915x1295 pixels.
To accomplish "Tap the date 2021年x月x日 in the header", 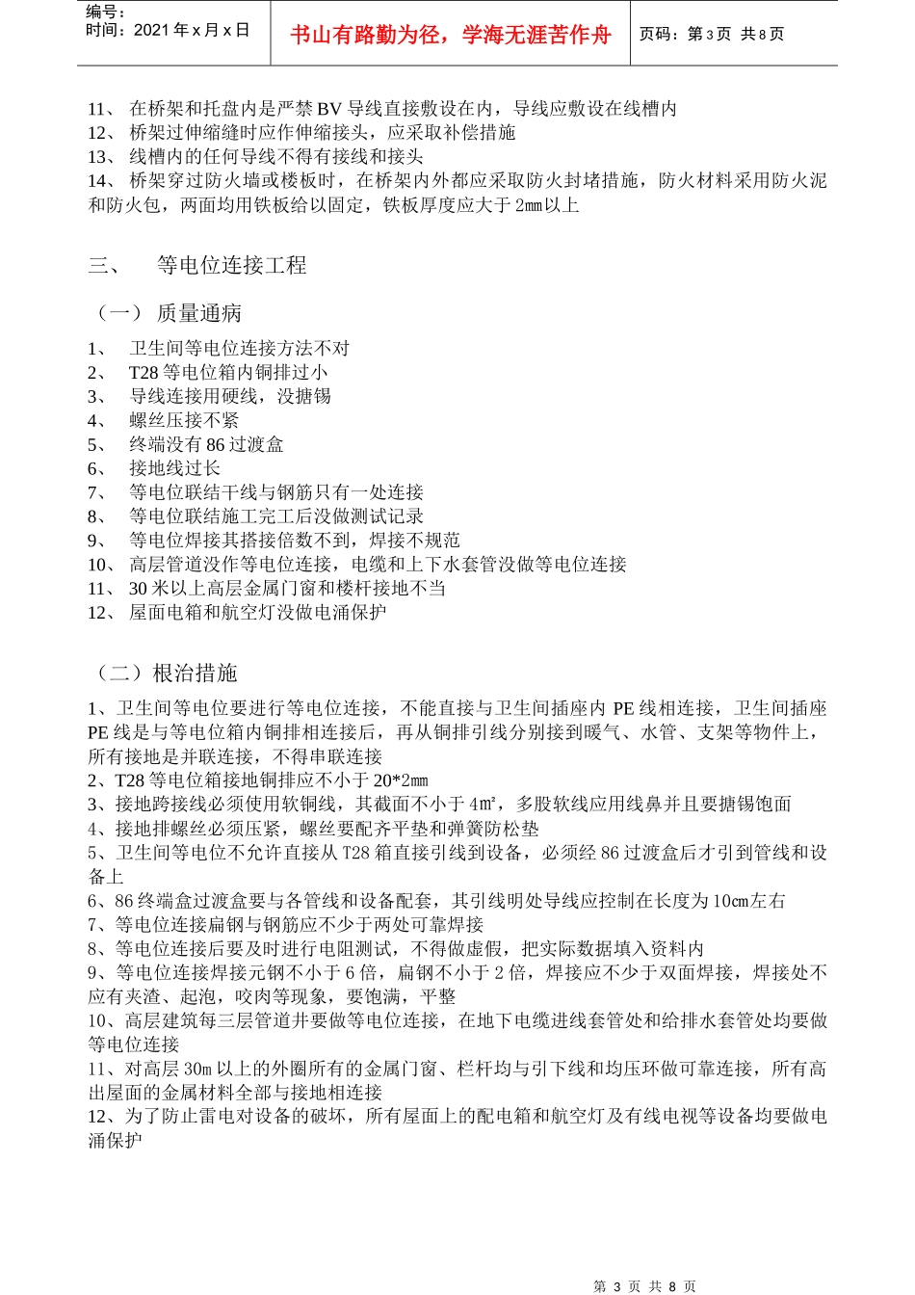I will point(168,30).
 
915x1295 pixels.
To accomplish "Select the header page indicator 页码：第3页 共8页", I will point(712,34).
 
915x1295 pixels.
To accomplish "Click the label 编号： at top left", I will point(106,12).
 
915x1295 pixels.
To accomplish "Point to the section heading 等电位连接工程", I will point(231,266).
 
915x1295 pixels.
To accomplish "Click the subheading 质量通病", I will point(199,313).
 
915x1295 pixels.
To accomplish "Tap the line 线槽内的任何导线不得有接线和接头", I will point(275,156).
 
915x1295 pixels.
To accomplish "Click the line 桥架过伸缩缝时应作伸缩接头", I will point(322,132).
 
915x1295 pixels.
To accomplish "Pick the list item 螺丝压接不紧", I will point(184,420).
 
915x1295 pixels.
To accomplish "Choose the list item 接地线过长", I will point(174,468).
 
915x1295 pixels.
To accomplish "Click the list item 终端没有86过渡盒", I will point(206,444).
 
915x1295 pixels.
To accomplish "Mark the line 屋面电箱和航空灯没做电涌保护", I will point(257,612).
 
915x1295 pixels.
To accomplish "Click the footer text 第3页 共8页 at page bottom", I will point(644,1286).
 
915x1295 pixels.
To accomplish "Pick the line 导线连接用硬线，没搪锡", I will point(230,396).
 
